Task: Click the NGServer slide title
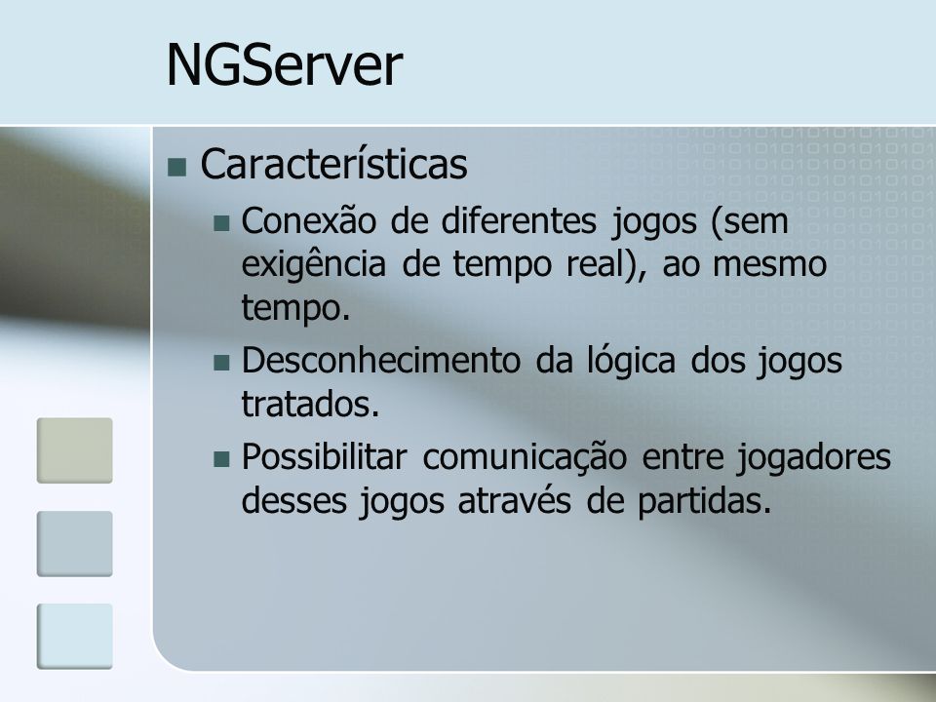point(284,64)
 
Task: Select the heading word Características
point(333,164)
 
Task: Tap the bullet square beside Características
point(177,168)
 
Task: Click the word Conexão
point(309,220)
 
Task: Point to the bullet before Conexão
point(221,223)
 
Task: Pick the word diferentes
point(519,220)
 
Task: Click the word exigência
point(313,264)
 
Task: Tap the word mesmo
point(769,264)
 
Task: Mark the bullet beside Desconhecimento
point(221,363)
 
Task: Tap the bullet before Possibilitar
point(221,459)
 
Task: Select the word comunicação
point(525,458)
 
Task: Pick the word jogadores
point(813,458)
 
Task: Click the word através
point(515,500)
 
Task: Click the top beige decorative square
point(75,450)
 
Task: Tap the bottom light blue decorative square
point(75,636)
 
